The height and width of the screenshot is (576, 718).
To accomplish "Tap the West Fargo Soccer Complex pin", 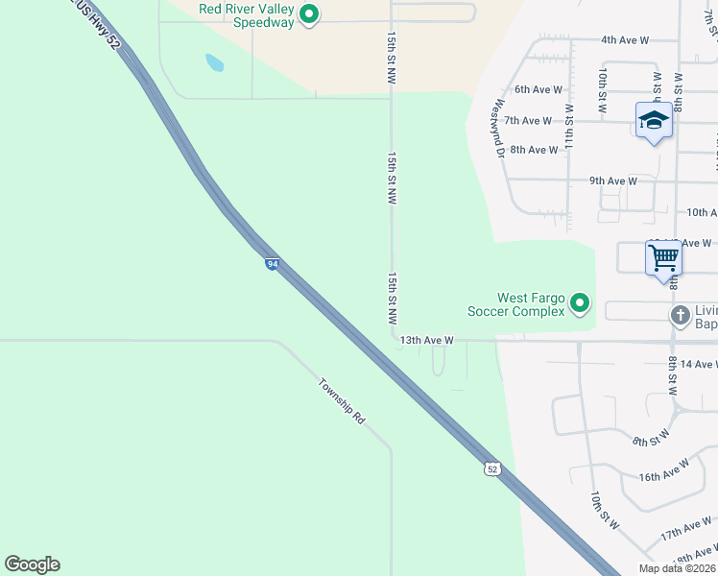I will click(579, 304).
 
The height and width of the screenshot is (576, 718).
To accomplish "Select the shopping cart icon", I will click(663, 258).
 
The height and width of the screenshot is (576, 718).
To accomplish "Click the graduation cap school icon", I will click(654, 120).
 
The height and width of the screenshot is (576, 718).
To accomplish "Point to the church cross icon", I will click(680, 315).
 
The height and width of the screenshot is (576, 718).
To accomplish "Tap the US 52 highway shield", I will click(491, 468).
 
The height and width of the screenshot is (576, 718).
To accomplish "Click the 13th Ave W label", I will click(426, 340).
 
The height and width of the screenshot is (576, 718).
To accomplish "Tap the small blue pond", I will click(214, 63).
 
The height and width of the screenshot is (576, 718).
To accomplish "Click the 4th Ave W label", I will click(625, 40).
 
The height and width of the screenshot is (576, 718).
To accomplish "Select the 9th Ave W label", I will click(613, 180).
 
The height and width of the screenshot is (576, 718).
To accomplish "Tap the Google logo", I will click(32, 564).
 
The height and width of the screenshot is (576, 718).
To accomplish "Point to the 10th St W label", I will click(601, 508).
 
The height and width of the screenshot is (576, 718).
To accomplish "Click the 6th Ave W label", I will click(538, 89).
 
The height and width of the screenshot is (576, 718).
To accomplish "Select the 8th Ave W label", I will click(535, 150).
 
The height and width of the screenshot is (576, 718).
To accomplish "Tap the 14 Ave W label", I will click(697, 365).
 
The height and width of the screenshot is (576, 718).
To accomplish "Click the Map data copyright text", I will click(677, 568).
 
